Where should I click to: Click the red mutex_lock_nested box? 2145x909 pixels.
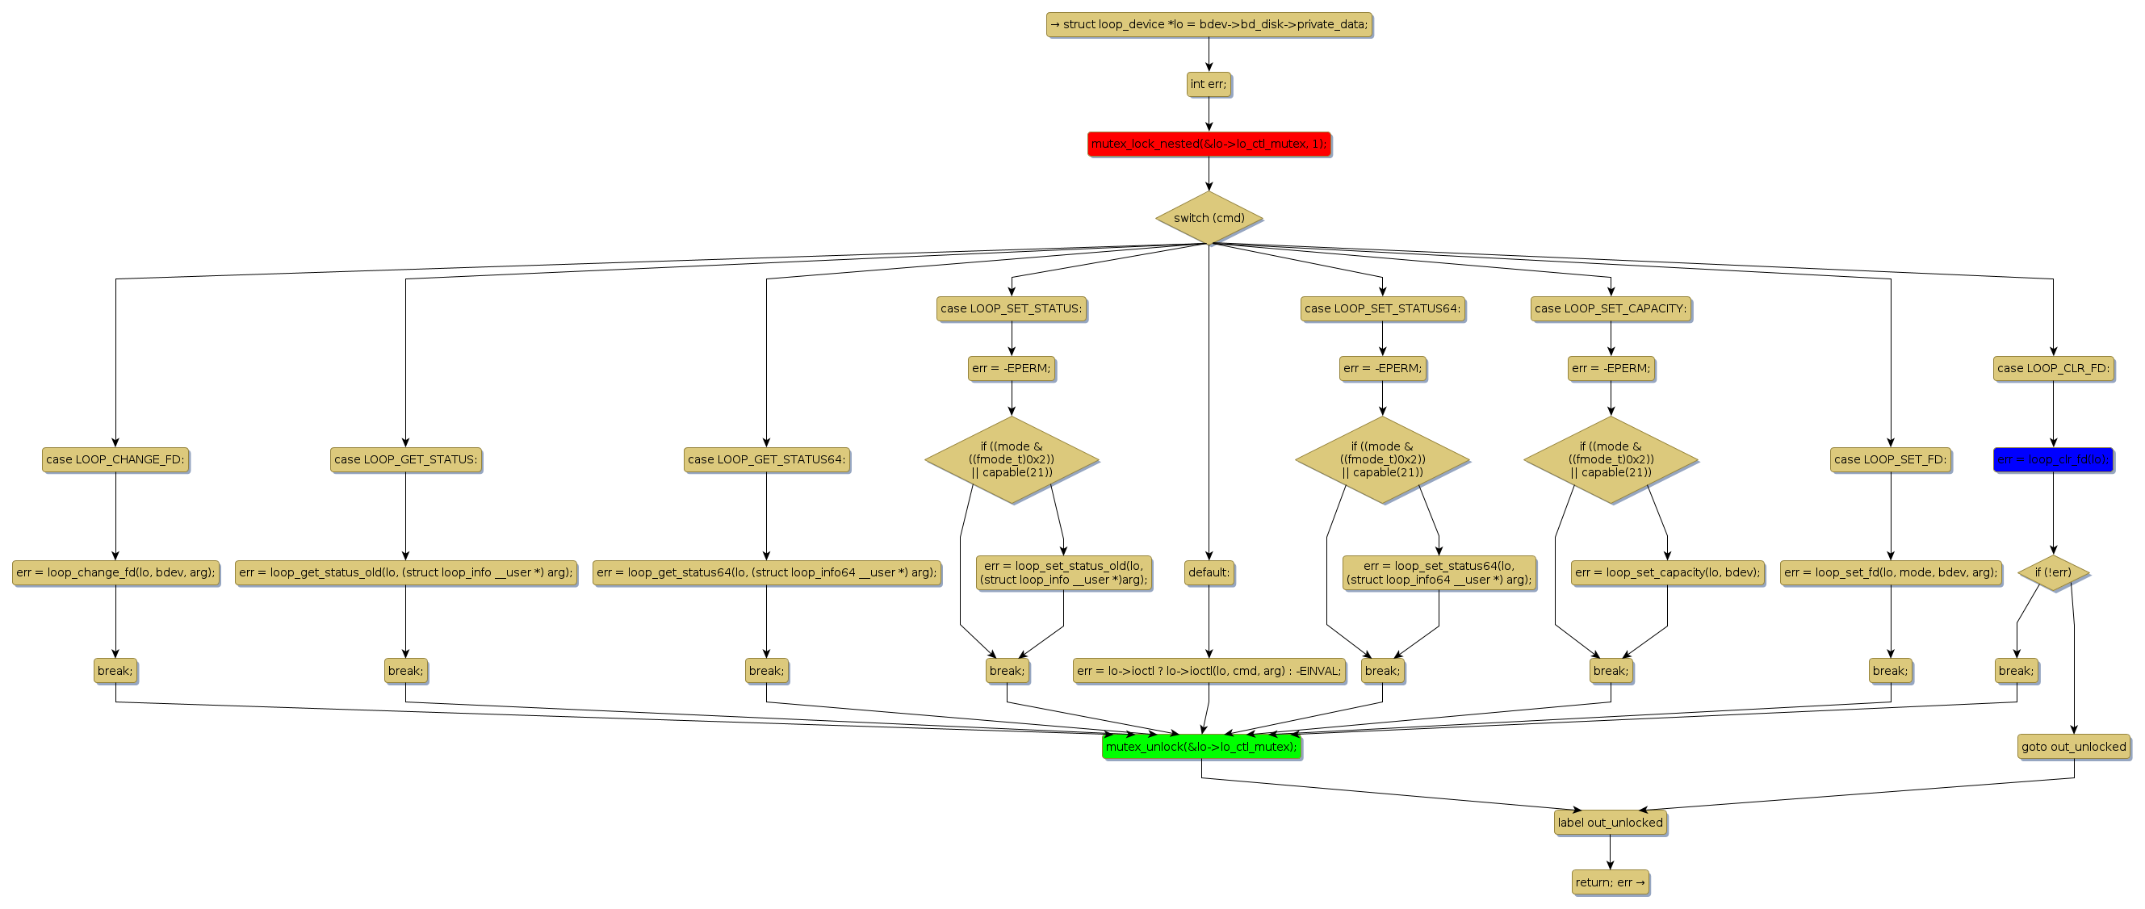[x=1209, y=144]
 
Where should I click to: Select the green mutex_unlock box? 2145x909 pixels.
[x=1200, y=747]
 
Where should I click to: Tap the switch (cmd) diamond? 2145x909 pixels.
[x=1209, y=218]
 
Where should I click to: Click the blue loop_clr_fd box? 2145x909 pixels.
[x=2053, y=459]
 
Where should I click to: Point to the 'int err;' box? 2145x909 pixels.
[x=1209, y=84]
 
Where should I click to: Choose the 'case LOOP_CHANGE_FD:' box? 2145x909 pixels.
[x=115, y=459]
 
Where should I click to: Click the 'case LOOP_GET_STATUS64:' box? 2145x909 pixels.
[x=766, y=459]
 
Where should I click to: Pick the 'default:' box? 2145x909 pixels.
[x=1209, y=572]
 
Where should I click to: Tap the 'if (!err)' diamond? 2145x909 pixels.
[x=2053, y=572]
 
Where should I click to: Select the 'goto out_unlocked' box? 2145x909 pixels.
[x=2073, y=747]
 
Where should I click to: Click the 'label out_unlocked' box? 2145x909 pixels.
[x=1610, y=823]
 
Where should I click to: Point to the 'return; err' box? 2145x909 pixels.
[x=1610, y=882]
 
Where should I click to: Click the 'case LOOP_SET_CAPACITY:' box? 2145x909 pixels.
[x=1611, y=309]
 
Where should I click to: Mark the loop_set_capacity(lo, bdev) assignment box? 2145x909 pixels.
[x=1667, y=572]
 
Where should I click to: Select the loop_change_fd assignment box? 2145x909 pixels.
[x=115, y=572]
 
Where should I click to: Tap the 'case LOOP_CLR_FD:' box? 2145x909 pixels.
[x=2053, y=368]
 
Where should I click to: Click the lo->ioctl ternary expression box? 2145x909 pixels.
[x=1209, y=671]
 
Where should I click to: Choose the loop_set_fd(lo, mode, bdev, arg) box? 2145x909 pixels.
[x=1890, y=572]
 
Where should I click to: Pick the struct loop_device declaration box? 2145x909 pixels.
[x=1209, y=25]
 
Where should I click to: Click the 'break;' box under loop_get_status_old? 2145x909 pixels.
[x=405, y=671]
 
